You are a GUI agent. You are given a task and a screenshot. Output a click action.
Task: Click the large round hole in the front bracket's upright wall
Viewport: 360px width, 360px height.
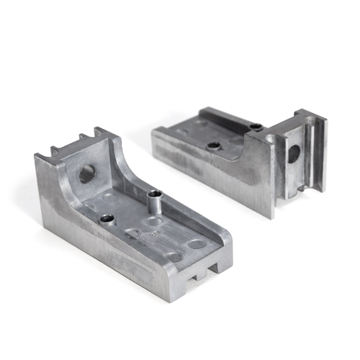pos(87,173)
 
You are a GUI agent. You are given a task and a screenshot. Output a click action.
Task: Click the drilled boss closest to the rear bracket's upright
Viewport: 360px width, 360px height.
pos(256,127)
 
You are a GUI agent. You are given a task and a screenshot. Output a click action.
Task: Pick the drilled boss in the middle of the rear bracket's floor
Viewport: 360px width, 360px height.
pos(214,145)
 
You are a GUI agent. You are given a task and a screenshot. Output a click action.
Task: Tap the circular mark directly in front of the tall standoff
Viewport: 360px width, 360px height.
pos(153,221)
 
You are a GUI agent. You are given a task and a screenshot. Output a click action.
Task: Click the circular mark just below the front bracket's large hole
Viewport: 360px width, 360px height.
pos(109,195)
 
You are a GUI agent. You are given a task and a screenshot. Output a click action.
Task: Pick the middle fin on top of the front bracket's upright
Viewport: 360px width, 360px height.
pos(81,138)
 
